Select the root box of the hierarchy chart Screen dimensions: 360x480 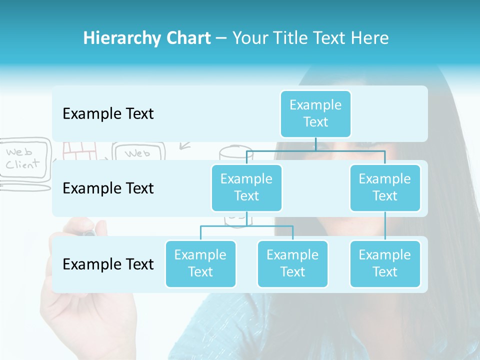pyautogui.click(x=315, y=113)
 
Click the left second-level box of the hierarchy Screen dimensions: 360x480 pyautogui.click(x=246, y=187)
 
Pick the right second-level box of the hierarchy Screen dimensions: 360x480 pyautogui.click(x=385, y=187)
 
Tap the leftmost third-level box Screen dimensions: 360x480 pyautogui.click(x=200, y=263)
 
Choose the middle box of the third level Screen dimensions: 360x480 pyautogui.click(x=292, y=263)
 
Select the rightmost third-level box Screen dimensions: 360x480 pyautogui.click(x=385, y=263)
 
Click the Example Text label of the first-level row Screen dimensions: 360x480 pyautogui.click(x=108, y=114)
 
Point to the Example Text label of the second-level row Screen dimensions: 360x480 pyautogui.click(x=108, y=188)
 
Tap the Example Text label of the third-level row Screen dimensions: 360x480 pyautogui.click(x=108, y=264)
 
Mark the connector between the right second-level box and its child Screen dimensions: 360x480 pyautogui.click(x=385, y=226)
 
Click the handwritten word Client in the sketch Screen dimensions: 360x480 pyautogui.click(x=22, y=164)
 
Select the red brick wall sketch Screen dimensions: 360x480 pyautogui.click(x=80, y=150)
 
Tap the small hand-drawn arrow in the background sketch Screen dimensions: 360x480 pyautogui.click(x=185, y=146)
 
